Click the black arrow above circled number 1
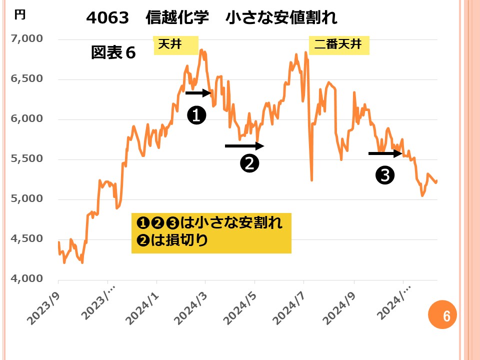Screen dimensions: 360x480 pos(199,92)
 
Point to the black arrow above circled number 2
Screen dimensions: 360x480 pos(244,146)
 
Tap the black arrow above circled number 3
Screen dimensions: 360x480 pos(385,153)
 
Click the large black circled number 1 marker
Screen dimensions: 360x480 pos(196,115)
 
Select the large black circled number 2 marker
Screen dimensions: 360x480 pos(249,163)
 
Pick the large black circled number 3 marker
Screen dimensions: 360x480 pos(384,174)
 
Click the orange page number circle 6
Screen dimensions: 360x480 pos(446,315)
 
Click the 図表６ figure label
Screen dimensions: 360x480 pos(113,53)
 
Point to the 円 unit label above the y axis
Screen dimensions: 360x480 pos(19,15)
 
